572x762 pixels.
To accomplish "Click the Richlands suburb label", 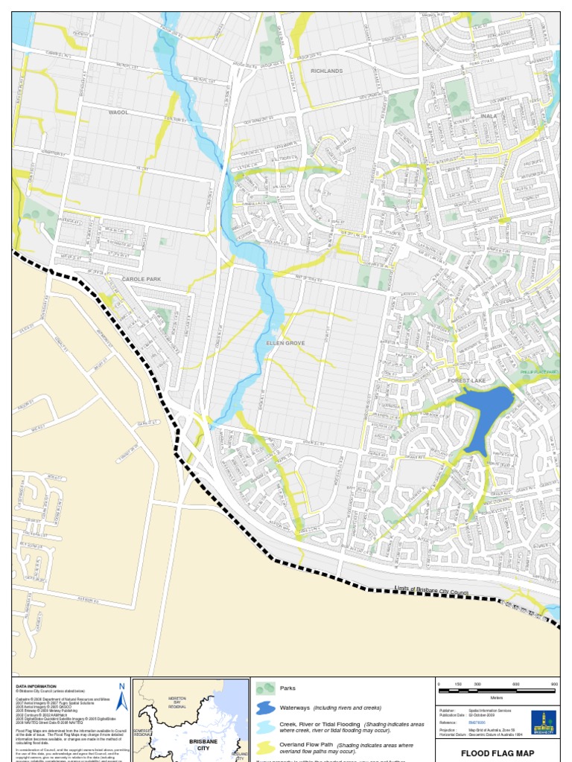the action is point(326,71).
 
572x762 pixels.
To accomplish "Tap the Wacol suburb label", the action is point(118,112).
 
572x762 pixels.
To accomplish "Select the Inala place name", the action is point(489,116).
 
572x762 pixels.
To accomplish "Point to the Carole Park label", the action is point(141,279).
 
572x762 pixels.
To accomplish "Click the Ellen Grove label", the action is point(286,343).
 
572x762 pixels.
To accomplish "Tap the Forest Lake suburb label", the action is point(467,380).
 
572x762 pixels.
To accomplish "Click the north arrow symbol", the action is point(122,697).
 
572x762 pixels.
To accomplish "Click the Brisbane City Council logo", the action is point(544,723).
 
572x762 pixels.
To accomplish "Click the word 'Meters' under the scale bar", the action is point(496,698).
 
